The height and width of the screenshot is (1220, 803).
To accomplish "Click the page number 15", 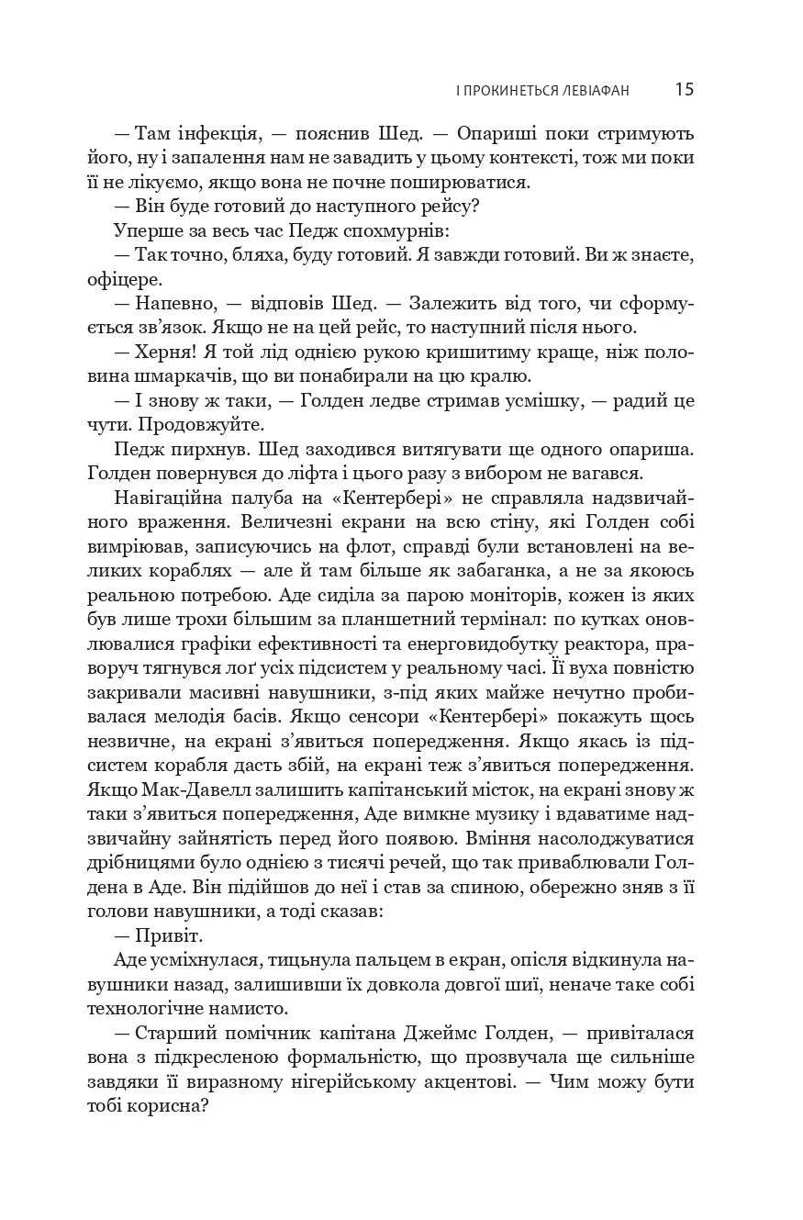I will point(684,89).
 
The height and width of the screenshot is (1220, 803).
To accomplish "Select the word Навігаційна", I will point(184,498).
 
